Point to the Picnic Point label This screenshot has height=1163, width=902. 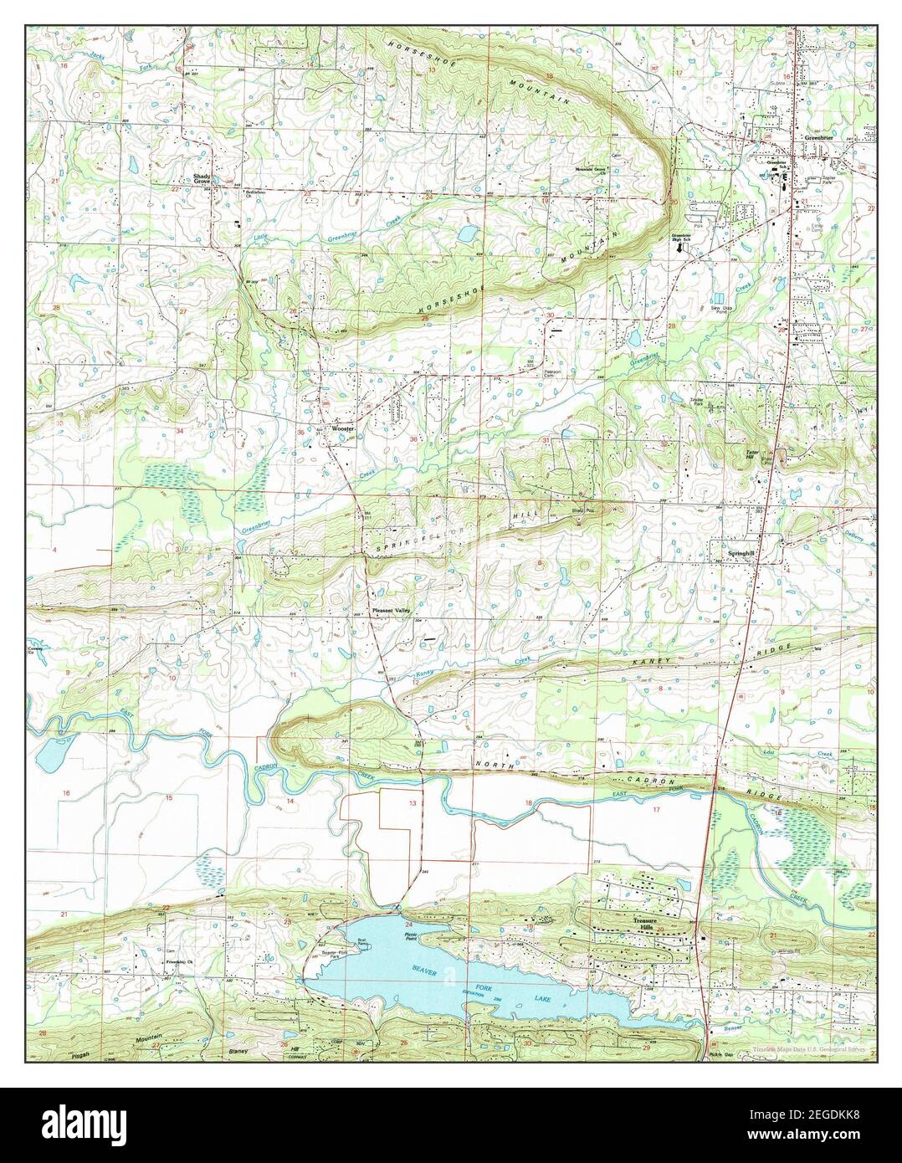coord(410,937)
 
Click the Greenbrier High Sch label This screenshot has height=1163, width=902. coord(684,238)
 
